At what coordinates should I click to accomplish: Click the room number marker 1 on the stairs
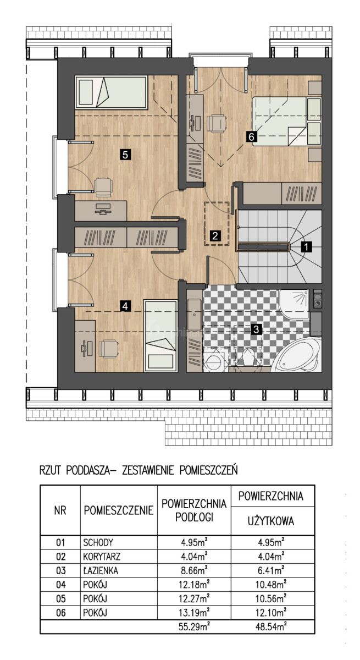point(306,246)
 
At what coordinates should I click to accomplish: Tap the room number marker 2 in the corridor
point(215,235)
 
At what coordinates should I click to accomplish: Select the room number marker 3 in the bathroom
point(256,329)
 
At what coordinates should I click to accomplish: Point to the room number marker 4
point(125,306)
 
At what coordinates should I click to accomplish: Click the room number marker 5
point(125,155)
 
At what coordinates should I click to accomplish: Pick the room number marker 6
point(251,137)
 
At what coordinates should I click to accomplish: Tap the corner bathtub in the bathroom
point(298,356)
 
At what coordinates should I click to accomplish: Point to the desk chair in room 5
point(103,187)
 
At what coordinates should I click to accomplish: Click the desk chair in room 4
point(108,349)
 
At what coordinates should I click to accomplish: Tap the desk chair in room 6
point(217,123)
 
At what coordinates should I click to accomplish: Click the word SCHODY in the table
point(98,542)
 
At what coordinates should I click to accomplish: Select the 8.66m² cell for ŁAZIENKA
point(194,570)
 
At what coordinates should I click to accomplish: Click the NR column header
point(60,510)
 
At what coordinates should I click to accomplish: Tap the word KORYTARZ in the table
point(102,556)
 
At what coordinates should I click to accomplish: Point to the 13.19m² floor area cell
point(194,613)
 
